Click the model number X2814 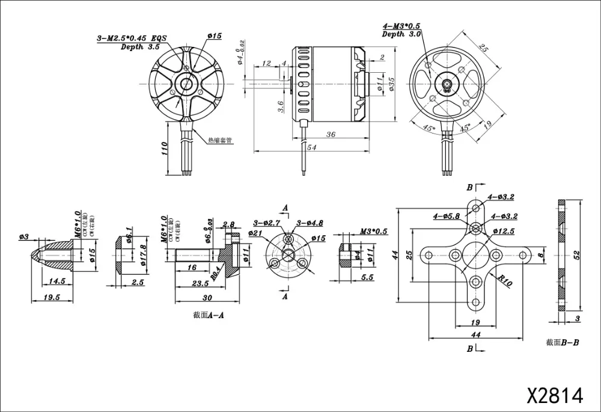(x=555, y=395)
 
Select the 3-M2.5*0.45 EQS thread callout (x=131, y=38)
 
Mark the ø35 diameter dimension (x=392, y=84)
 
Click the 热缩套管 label (x=219, y=140)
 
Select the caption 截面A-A (x=209, y=314)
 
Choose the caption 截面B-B (x=563, y=342)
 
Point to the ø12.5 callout (x=504, y=231)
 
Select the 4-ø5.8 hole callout (x=445, y=215)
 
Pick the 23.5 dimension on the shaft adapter (x=201, y=284)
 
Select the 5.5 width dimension (x=368, y=278)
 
